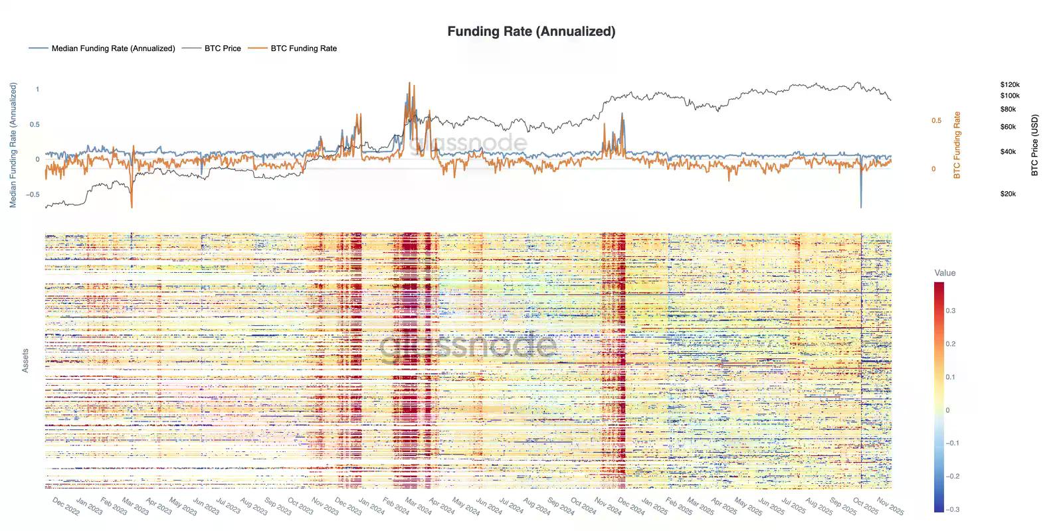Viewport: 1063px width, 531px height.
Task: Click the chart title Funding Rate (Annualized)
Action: coord(531,31)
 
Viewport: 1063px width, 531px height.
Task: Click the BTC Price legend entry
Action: coord(222,48)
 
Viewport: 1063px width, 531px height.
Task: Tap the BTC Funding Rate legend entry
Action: coord(303,48)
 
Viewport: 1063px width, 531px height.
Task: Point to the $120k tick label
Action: coord(1009,85)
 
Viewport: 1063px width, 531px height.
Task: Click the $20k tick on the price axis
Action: coord(1008,194)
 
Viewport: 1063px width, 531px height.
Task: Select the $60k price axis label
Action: coord(1008,127)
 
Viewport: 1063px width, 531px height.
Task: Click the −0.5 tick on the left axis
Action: coord(33,194)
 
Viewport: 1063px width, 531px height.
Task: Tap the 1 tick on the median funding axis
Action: coord(37,89)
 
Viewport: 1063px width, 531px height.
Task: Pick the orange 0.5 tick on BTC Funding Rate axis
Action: coord(936,121)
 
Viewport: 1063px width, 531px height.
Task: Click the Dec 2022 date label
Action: coord(66,506)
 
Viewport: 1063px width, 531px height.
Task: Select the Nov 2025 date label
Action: coord(890,506)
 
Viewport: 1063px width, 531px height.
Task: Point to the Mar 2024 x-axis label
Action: coord(419,506)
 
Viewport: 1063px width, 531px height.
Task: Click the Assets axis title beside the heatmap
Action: coord(25,360)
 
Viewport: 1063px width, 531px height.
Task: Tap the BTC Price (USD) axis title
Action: coord(1034,145)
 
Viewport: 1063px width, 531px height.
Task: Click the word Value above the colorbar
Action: coord(945,273)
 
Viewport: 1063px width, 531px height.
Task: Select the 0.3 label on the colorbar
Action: coord(951,311)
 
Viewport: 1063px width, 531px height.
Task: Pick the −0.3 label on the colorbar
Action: coord(952,510)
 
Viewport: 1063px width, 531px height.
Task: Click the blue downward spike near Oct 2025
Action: coord(861,199)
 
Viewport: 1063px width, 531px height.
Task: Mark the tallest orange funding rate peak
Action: coord(409,85)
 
